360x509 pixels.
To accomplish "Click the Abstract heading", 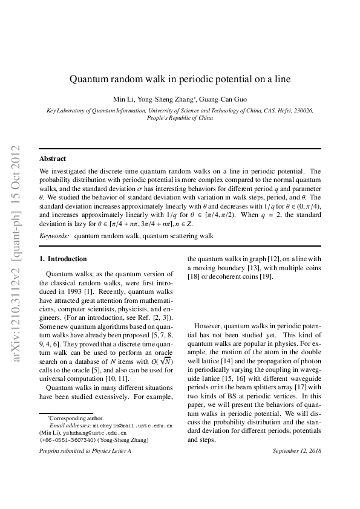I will pos(53,158).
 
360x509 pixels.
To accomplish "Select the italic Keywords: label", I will pos(54,235).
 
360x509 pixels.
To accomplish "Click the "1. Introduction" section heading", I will pos(63,259).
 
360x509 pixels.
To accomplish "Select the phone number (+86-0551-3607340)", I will pos(67,440).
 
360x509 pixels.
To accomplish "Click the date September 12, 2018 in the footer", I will pos(296,452).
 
